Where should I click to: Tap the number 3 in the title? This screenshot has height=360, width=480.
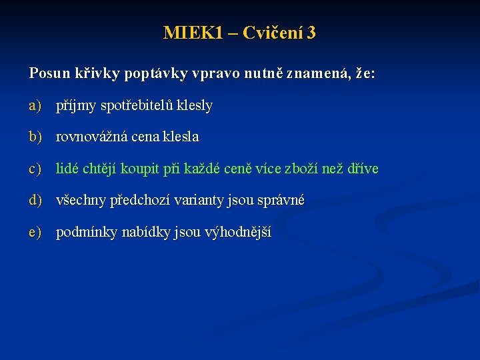coord(311,33)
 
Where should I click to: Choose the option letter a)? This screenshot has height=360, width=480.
coord(35,105)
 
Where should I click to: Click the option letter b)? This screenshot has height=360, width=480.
coord(35,137)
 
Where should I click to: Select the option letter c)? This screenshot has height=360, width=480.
coord(35,169)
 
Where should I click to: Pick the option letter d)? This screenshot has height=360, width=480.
coord(35,200)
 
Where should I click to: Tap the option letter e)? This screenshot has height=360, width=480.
coord(35,232)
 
